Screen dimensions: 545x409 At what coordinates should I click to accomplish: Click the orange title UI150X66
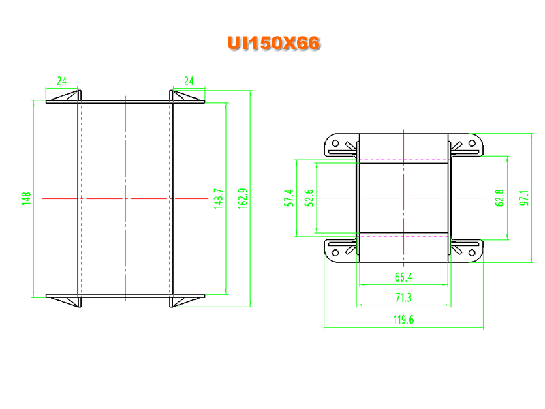pos(273,44)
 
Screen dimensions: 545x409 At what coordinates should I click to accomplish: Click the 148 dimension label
pos(27,198)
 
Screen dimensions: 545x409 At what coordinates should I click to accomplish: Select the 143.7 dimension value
pos(218,198)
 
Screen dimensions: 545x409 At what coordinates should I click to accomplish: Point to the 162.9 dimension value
pos(243,198)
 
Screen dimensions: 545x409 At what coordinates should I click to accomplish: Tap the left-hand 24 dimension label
pos(61,81)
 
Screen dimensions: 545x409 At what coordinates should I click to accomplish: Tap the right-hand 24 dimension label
pos(189,81)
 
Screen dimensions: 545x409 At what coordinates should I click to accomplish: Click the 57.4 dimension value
pos(289,198)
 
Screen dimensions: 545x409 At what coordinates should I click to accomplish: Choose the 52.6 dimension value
pos(309,198)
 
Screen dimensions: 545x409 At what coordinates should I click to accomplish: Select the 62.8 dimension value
pos(499,198)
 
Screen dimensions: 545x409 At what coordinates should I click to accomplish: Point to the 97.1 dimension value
pos(524,198)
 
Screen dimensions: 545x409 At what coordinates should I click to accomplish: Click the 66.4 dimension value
pos(403,277)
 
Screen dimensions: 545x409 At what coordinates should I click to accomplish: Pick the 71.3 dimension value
pos(403,298)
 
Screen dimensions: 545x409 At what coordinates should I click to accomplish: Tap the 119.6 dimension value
pos(403,320)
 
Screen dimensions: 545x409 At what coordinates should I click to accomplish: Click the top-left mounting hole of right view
pos(335,143)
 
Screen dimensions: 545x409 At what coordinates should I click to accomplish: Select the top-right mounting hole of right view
pos(472,143)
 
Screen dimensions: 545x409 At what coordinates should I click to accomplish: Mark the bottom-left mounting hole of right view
pos(335,253)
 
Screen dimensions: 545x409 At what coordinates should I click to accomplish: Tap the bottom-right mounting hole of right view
pos(472,253)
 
